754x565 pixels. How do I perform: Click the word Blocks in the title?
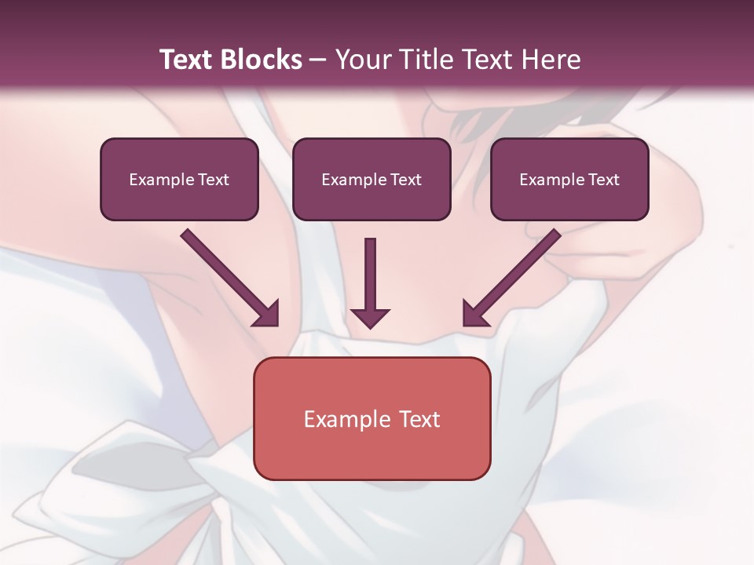(263, 60)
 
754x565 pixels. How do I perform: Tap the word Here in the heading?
(548, 60)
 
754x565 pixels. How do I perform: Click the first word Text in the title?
(187, 60)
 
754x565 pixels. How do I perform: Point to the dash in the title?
(318, 60)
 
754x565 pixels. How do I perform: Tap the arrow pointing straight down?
(370, 282)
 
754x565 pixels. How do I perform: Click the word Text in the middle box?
(406, 180)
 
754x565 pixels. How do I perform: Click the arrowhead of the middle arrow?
(370, 317)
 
